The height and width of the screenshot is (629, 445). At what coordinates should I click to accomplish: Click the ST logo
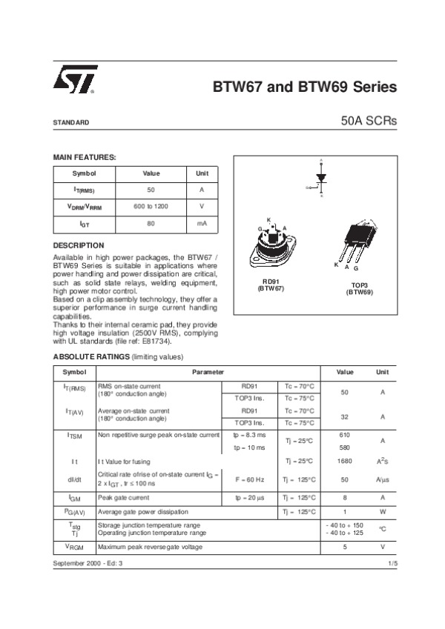[x=73, y=81]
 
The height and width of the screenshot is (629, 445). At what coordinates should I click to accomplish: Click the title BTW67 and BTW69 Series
[x=305, y=87]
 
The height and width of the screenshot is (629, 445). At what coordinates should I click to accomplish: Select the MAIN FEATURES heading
[x=85, y=157]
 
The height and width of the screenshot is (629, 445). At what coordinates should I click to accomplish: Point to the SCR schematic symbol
[x=320, y=179]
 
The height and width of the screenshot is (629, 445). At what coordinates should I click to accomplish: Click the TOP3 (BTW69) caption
[x=360, y=289]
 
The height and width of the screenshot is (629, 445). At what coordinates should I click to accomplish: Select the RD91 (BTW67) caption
[x=271, y=284]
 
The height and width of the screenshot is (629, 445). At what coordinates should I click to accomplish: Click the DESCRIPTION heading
[x=79, y=245]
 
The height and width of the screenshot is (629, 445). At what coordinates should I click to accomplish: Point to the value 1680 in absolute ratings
[x=344, y=461]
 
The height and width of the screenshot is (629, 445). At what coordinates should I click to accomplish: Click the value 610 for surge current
[x=344, y=434]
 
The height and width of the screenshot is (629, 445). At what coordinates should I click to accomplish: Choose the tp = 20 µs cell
[x=250, y=497]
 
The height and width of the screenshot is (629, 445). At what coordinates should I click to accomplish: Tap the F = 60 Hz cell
[x=250, y=479]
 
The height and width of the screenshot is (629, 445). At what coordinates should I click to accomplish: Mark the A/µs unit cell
[x=382, y=479]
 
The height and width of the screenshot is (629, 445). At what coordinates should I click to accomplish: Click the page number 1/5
[x=392, y=564]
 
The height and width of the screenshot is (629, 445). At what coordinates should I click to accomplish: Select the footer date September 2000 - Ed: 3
[x=88, y=564]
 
